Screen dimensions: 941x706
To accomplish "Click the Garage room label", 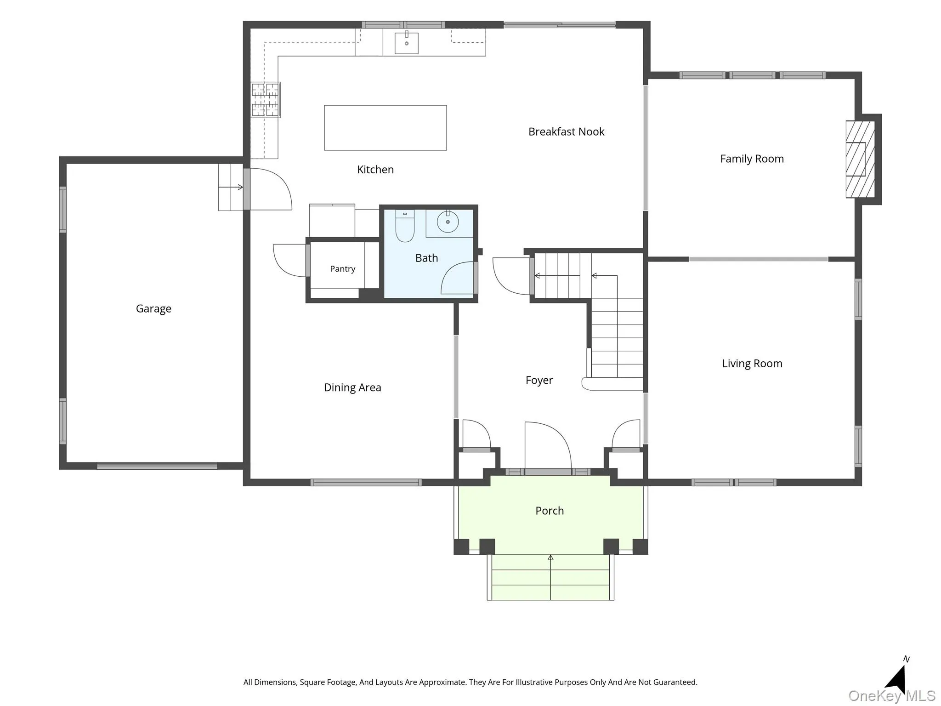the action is click(153, 309).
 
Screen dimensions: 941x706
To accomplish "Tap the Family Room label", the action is click(752, 159).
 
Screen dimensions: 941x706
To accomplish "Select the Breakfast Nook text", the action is click(566, 132).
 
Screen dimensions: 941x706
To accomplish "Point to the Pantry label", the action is click(343, 269).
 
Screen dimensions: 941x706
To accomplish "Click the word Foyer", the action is click(539, 381).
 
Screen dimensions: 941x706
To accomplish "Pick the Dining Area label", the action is click(352, 387).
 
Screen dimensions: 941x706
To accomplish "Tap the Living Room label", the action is click(752, 364).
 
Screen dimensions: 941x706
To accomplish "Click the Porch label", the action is click(550, 511).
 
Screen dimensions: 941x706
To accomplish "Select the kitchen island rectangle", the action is click(385, 128).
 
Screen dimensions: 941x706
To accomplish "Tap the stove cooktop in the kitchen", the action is click(266, 100).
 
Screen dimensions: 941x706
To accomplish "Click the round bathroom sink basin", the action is click(448, 222).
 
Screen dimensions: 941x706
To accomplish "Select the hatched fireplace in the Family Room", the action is click(860, 159).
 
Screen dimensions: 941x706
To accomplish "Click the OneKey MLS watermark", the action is click(892, 695).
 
